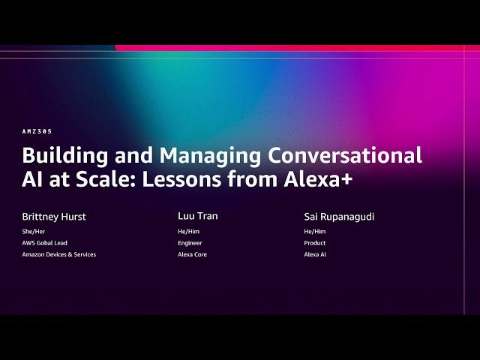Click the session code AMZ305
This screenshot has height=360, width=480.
click(37, 130)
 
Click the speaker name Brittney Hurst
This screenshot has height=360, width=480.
click(54, 217)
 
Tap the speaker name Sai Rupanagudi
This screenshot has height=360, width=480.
click(339, 217)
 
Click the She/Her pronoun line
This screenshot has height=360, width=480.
click(34, 232)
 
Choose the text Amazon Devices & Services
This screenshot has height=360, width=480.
click(59, 254)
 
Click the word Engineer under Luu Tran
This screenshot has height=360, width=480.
click(190, 243)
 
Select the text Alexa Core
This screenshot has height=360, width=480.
click(192, 254)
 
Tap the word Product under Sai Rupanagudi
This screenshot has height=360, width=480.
click(314, 243)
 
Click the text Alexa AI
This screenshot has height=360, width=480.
click(315, 254)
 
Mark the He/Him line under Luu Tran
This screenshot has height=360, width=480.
click(188, 232)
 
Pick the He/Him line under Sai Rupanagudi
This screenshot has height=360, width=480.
click(314, 232)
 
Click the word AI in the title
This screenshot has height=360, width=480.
click(33, 180)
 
